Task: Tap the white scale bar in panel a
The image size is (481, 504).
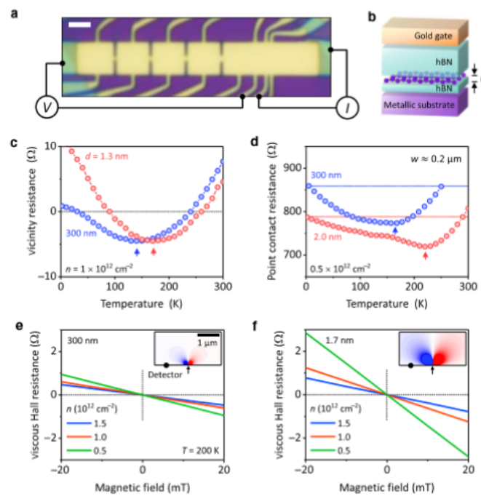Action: click(79, 25)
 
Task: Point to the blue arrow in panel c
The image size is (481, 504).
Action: click(137, 252)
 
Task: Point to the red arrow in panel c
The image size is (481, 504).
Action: click(154, 252)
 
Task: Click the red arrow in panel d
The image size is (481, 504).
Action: click(425, 255)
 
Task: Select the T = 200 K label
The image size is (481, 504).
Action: click(197, 451)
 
